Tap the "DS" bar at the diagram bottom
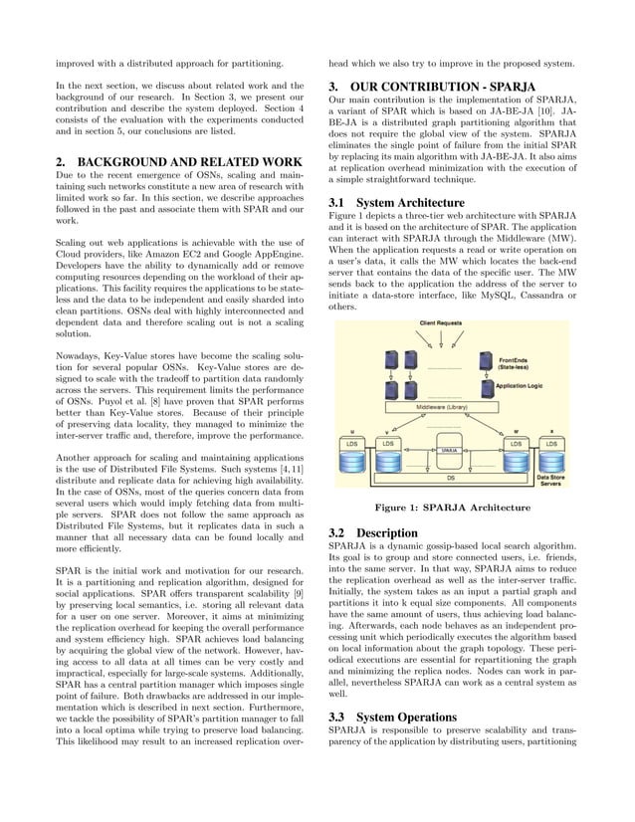tap(451, 478)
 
